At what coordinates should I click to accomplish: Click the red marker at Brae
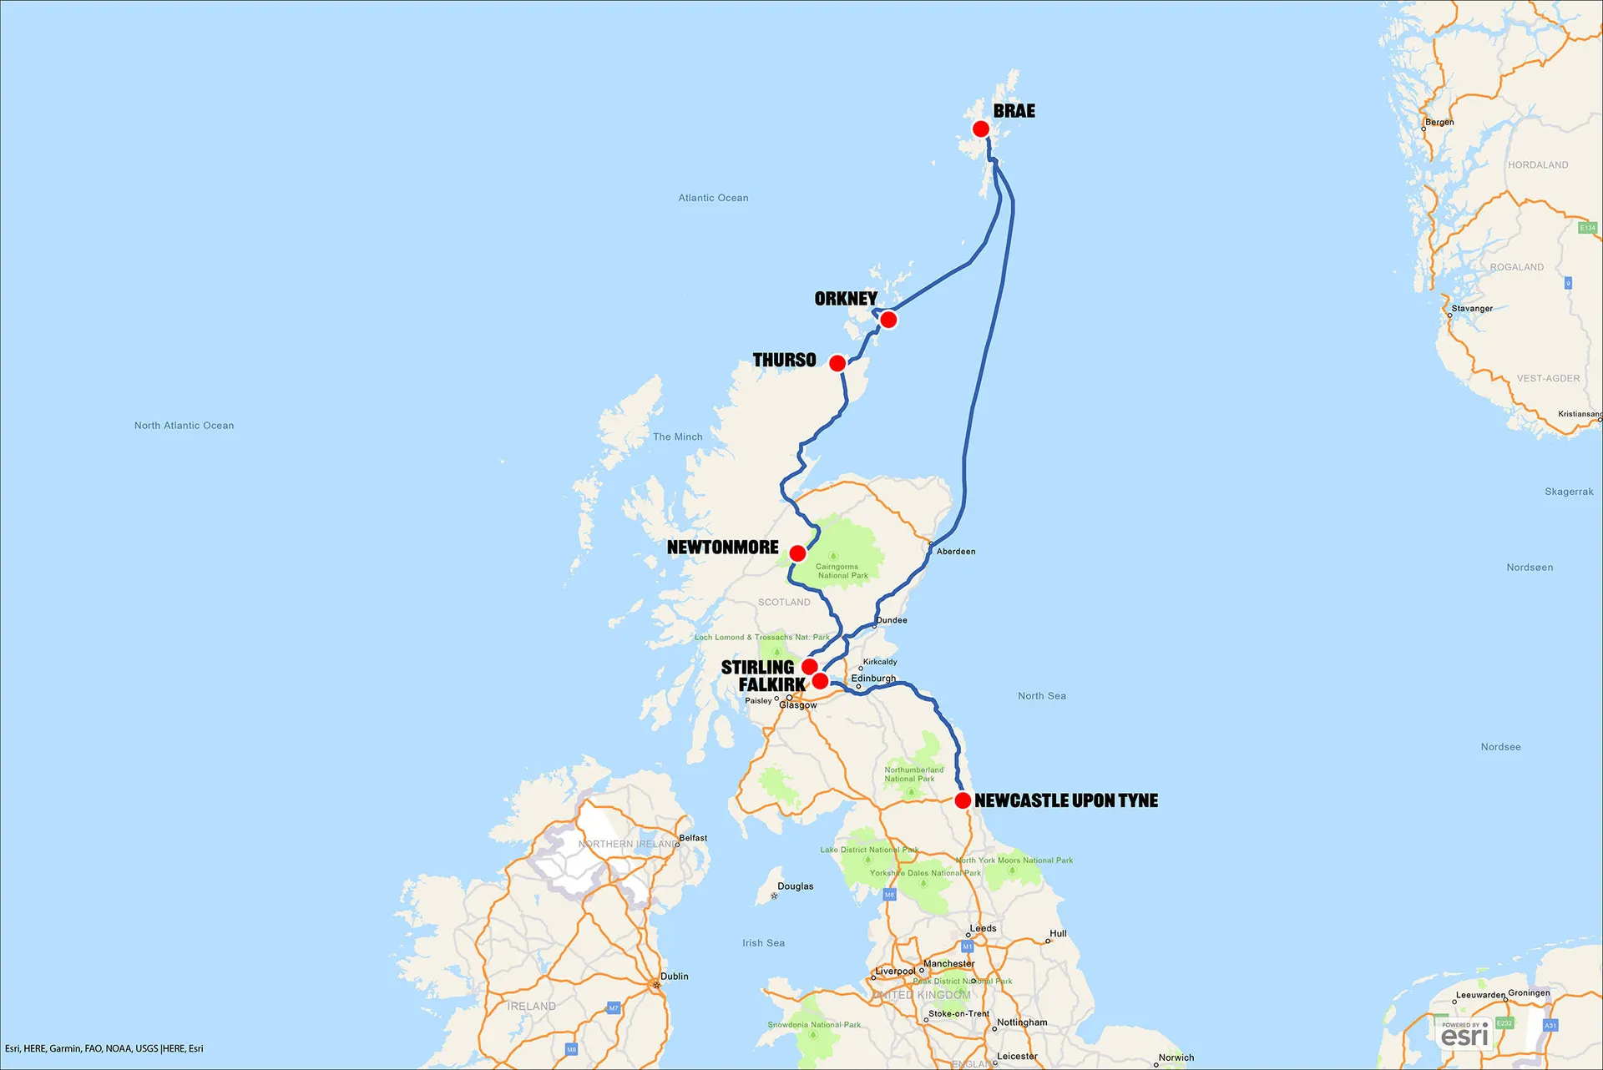[981, 129]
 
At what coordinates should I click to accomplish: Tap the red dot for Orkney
[888, 320]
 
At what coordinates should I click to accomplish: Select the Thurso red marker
[837, 363]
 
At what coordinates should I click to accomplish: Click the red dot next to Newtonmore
[797, 553]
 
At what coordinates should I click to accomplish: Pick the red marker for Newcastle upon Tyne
[963, 800]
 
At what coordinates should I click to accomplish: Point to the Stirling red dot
[809, 667]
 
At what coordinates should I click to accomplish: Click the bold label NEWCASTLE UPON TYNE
[1066, 800]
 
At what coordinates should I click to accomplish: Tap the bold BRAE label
[1014, 111]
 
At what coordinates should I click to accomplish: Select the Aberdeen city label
[956, 552]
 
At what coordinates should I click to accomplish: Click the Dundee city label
[892, 620]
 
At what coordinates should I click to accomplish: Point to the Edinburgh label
[873, 679]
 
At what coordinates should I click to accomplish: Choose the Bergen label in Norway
[1439, 122]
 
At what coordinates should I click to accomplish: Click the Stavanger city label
[1472, 309]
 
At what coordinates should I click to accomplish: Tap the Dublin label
[675, 977]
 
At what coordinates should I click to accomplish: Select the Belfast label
[693, 838]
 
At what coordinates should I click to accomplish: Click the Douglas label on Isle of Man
[795, 886]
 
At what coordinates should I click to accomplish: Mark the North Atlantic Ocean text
[184, 426]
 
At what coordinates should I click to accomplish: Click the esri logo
[1464, 1036]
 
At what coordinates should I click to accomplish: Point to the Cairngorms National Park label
[842, 571]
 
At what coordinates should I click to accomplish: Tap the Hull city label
[1058, 934]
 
